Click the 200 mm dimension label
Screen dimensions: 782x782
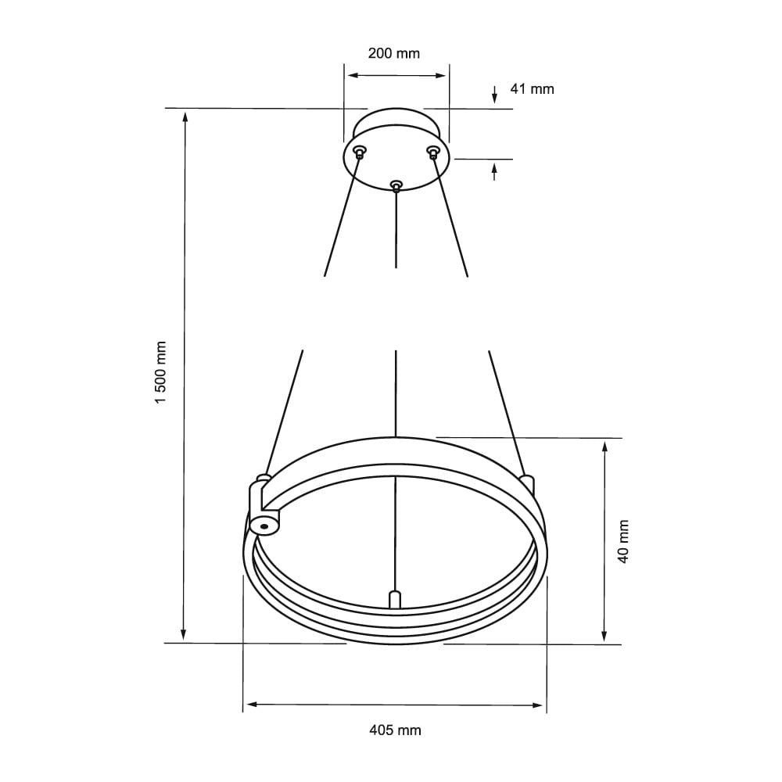394,54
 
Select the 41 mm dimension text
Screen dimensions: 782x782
532,89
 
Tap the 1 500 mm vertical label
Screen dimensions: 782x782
162,371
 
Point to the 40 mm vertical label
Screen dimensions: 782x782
622,542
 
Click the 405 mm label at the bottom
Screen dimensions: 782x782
394,730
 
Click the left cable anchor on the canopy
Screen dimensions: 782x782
359,151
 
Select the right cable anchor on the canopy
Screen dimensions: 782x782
432,151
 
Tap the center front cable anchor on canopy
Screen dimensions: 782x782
396,185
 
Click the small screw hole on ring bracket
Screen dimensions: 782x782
265,526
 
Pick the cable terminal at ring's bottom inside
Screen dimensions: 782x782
395,599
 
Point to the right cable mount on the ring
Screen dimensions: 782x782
526,479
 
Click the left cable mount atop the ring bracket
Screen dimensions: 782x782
264,476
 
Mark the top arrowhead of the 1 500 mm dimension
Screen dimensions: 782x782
185,117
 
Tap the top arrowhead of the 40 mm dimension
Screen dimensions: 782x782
604,447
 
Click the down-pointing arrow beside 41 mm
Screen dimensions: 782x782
494,98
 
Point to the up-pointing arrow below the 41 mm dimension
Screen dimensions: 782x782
494,167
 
